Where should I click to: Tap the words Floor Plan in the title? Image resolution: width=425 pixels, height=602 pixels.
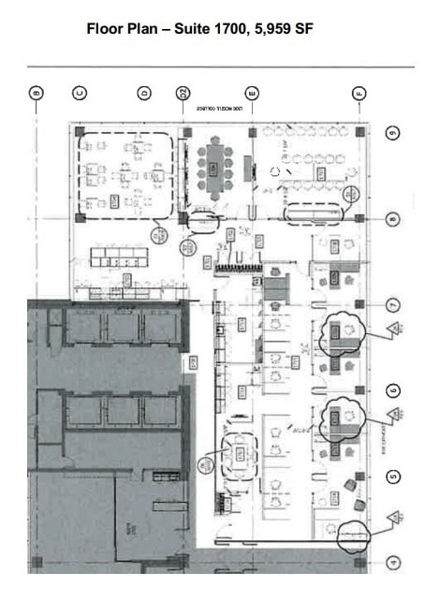tap(120, 29)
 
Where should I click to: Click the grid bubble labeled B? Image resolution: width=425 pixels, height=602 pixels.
tap(37, 93)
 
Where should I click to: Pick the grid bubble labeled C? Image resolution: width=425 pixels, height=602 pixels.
tap(81, 93)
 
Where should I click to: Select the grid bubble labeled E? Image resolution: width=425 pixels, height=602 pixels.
tap(251, 93)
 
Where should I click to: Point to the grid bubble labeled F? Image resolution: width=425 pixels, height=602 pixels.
tap(359, 93)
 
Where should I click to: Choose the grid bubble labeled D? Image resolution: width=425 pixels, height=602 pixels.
tap(144, 93)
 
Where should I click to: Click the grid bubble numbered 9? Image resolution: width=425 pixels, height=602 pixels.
tap(393, 133)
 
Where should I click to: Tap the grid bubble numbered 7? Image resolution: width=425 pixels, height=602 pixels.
tap(393, 305)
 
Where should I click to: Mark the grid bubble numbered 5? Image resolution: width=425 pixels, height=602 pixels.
tap(393, 477)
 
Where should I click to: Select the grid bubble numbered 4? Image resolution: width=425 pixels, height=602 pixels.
tap(393, 563)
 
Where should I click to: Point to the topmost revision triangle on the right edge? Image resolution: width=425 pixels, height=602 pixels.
tap(395, 328)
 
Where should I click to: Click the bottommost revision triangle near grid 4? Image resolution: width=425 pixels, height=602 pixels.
tap(395, 517)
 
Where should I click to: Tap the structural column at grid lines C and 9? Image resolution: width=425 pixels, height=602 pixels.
tap(81, 132)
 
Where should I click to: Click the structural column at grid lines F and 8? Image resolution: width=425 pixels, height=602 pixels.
tap(359, 217)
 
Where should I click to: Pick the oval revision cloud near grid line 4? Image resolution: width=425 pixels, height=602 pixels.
tap(352, 536)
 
